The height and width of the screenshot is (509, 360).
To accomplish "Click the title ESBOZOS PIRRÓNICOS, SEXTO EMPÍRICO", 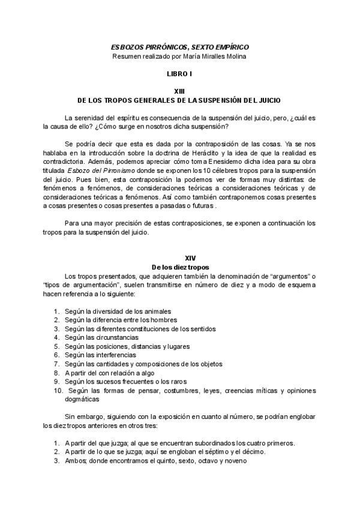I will point(179,46).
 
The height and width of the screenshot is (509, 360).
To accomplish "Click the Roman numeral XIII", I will point(179,90).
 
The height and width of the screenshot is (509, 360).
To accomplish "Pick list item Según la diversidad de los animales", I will point(119,312).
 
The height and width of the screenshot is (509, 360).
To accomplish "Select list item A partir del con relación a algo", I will point(110,372).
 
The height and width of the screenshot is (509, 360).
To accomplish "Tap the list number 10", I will point(58,390).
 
